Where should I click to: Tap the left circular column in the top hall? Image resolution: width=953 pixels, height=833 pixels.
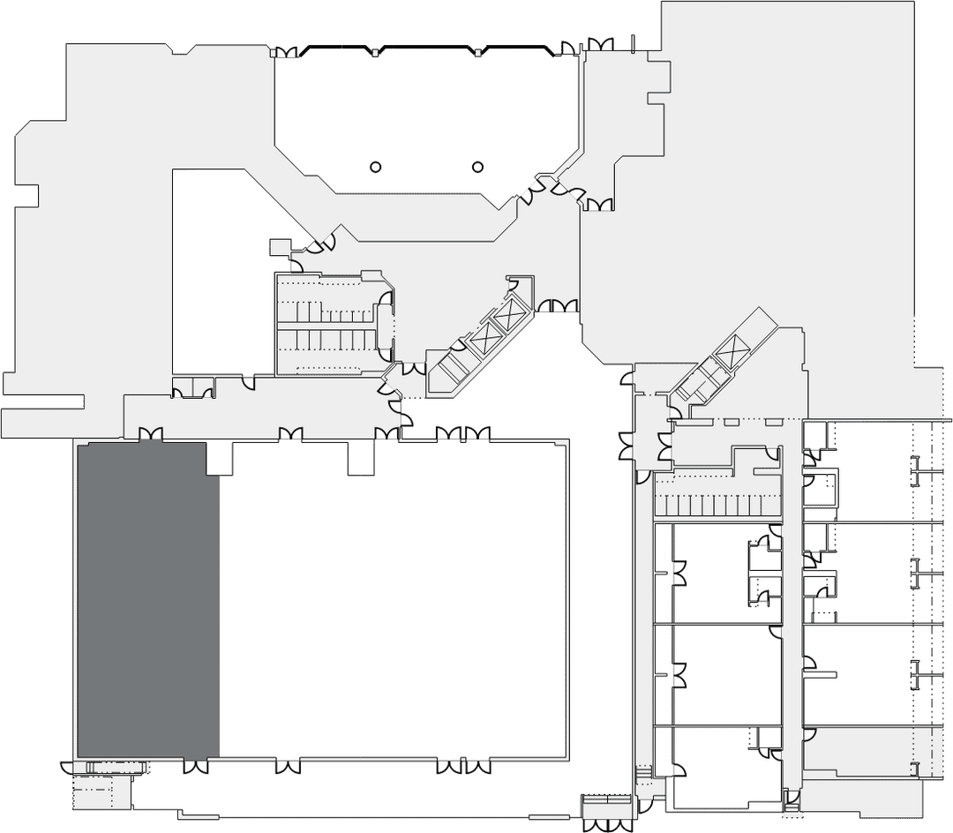[375, 167]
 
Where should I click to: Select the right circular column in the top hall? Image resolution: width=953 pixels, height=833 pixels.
[478, 167]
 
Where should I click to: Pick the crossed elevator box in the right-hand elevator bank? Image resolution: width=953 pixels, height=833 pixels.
[732, 353]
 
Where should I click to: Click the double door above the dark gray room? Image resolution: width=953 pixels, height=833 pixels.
[150, 433]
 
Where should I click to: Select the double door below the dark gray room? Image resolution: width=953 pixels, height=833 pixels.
[196, 767]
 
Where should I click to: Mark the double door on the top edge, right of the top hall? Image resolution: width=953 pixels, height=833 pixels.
[600, 43]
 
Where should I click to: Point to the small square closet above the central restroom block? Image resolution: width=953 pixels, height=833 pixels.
[280, 247]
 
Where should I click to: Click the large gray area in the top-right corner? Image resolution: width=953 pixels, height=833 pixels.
[785, 176]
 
